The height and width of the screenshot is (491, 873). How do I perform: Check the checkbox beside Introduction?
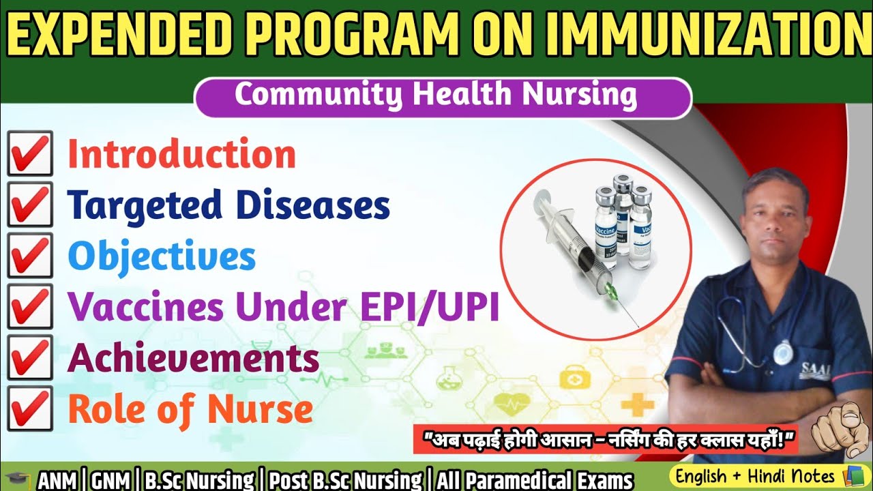coord(30,154)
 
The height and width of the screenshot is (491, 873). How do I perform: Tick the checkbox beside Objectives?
coord(30,256)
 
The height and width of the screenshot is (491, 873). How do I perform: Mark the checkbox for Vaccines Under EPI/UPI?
coord(30,307)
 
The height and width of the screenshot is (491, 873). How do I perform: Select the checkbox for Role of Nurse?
coord(30,409)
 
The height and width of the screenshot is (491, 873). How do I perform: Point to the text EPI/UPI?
coord(435,308)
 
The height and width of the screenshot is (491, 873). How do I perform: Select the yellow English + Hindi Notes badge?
coord(764,475)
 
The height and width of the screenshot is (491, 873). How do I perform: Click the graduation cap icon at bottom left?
coord(17,478)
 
